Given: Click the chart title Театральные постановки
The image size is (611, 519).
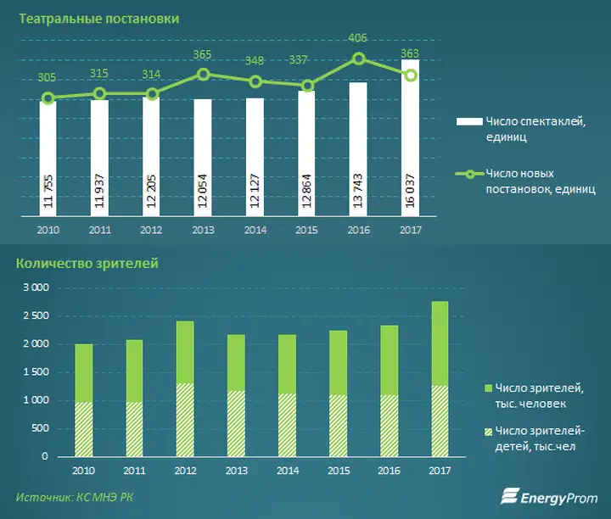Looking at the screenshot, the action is (99, 19).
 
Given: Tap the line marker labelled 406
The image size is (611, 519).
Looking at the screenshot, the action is (358, 59).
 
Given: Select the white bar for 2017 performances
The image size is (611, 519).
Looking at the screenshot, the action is (411, 138).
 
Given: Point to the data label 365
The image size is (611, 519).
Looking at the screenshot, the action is (202, 54).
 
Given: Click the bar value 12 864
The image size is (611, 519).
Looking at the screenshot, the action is (306, 191).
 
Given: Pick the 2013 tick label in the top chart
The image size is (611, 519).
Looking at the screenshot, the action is (203, 230).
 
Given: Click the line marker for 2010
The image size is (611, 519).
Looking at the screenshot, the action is (48, 98).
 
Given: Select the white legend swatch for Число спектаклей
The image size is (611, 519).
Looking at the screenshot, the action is (469, 122).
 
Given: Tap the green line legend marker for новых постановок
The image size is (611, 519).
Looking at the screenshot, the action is (470, 174).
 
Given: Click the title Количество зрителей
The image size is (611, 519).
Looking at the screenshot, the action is (87, 264).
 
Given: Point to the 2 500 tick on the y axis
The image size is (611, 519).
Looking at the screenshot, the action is (36, 315).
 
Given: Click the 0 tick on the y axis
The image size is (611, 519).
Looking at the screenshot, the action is (45, 456).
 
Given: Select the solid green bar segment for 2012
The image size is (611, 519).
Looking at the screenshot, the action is (185, 352).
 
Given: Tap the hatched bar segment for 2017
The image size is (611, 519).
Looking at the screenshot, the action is (440, 421).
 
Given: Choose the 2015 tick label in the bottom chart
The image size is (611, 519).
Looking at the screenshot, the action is (339, 471).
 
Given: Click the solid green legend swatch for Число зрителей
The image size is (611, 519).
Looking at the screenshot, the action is (488, 388).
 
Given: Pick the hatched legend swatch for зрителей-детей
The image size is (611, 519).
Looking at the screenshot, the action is (488, 432).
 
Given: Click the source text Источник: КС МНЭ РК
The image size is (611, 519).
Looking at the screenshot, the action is (75, 497).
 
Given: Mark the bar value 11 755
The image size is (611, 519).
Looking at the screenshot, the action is (48, 192).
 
